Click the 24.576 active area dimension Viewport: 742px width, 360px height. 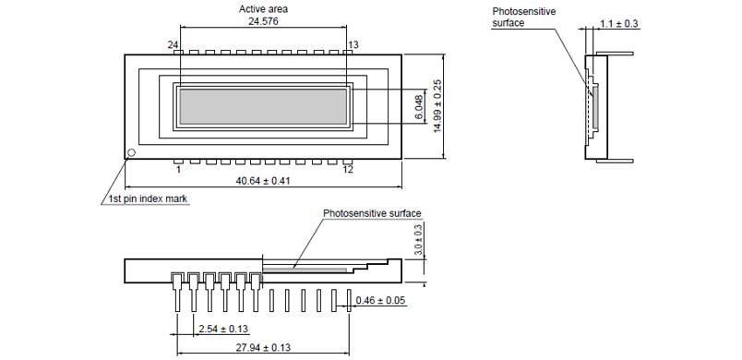click(264, 21)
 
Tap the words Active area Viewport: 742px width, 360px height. click(263, 9)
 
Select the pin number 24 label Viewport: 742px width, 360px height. click(173, 44)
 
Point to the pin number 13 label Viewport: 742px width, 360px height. click(353, 44)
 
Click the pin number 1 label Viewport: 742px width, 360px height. click(178, 169)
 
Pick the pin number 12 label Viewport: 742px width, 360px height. click(348, 169)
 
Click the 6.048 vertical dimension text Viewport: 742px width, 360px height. click(419, 107)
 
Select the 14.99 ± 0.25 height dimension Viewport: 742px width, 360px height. click(437, 106)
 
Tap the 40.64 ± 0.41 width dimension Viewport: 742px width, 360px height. click(263, 181)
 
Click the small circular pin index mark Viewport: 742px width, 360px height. click(132, 152)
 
